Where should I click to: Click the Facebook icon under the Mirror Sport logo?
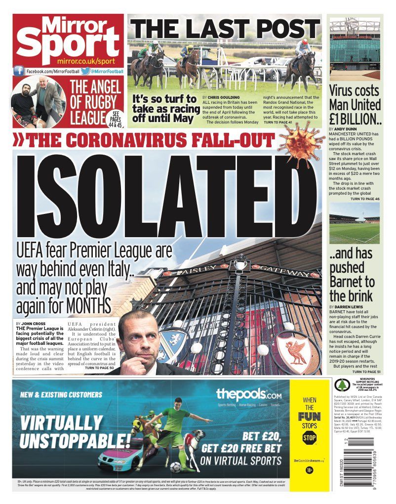click(19, 71)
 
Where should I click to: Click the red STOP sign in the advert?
click(309, 438)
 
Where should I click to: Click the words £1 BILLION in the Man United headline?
click(355, 119)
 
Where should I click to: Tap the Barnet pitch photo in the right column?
click(355, 223)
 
